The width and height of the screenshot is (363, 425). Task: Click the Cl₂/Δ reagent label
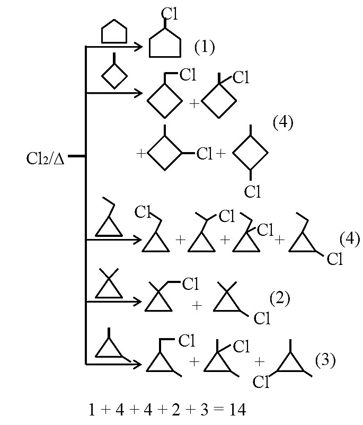(x=45, y=158)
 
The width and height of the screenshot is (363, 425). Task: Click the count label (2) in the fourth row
(x=280, y=298)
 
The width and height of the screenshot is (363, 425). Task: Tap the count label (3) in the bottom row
(x=325, y=360)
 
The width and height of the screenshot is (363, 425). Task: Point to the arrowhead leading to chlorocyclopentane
(x=139, y=47)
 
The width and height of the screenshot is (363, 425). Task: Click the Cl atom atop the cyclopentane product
(x=170, y=13)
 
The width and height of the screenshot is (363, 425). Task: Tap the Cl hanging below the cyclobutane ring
(x=252, y=191)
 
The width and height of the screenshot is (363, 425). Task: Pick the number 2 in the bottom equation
(x=176, y=410)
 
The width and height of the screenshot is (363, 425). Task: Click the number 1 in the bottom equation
(x=92, y=410)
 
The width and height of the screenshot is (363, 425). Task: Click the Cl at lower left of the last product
(x=261, y=382)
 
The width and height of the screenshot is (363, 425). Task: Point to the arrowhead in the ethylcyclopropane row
(x=138, y=240)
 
